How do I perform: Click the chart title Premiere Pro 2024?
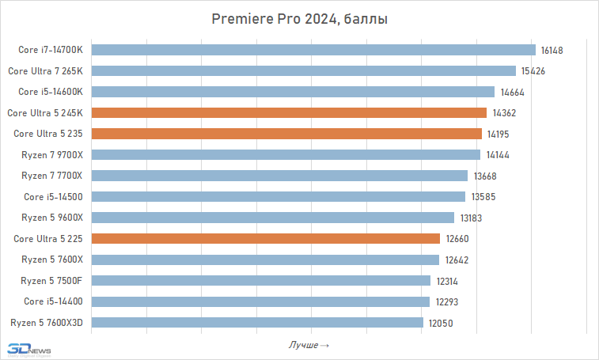[299, 19]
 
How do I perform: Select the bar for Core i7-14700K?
[313, 50]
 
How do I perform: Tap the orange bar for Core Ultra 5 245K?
[289, 112]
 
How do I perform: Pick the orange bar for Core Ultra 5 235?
[286, 134]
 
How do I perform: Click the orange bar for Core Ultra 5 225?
[266, 238]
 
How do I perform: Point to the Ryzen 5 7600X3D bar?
[257, 322]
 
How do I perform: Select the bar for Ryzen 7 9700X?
[286, 154]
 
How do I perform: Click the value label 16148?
[552, 50]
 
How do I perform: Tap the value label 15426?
[532, 71]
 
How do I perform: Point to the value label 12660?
[457, 238]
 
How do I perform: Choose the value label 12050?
[441, 322]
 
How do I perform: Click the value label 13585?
[483, 196]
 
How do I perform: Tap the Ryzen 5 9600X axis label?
[52, 218]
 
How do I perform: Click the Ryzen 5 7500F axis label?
[52, 280]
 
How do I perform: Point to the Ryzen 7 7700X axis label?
[52, 176]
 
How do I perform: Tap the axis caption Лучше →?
[309, 345]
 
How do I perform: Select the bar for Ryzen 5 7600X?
[265, 260]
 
